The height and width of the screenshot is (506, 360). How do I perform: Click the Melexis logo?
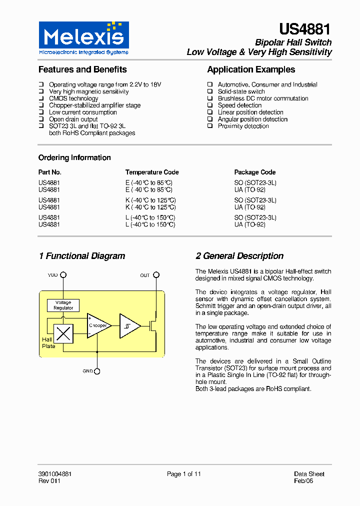pos(83,38)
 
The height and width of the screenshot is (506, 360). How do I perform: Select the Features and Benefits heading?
pos(82,69)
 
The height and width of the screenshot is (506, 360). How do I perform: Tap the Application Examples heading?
pos(251,69)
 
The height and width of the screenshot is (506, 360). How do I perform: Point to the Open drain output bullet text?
pos(73,119)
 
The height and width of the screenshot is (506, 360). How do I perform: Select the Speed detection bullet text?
pos(239,105)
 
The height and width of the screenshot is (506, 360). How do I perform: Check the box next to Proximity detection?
pos(210,126)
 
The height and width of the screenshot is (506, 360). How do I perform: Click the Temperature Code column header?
pos(152,172)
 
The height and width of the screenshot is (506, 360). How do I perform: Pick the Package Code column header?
pos(254,172)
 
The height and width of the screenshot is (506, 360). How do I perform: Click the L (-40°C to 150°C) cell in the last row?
pos(150,225)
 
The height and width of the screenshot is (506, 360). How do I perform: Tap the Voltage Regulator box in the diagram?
pos(63,305)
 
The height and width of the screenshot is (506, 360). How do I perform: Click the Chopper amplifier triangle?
pos(97,325)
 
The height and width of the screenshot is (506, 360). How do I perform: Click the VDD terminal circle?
pos(63,275)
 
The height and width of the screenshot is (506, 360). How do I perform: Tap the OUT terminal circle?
pos(156,275)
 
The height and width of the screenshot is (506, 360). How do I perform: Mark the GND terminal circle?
pos(97,371)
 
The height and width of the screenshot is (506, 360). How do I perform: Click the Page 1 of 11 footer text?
pos(183,474)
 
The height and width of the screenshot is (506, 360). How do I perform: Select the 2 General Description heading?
pos(239,256)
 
